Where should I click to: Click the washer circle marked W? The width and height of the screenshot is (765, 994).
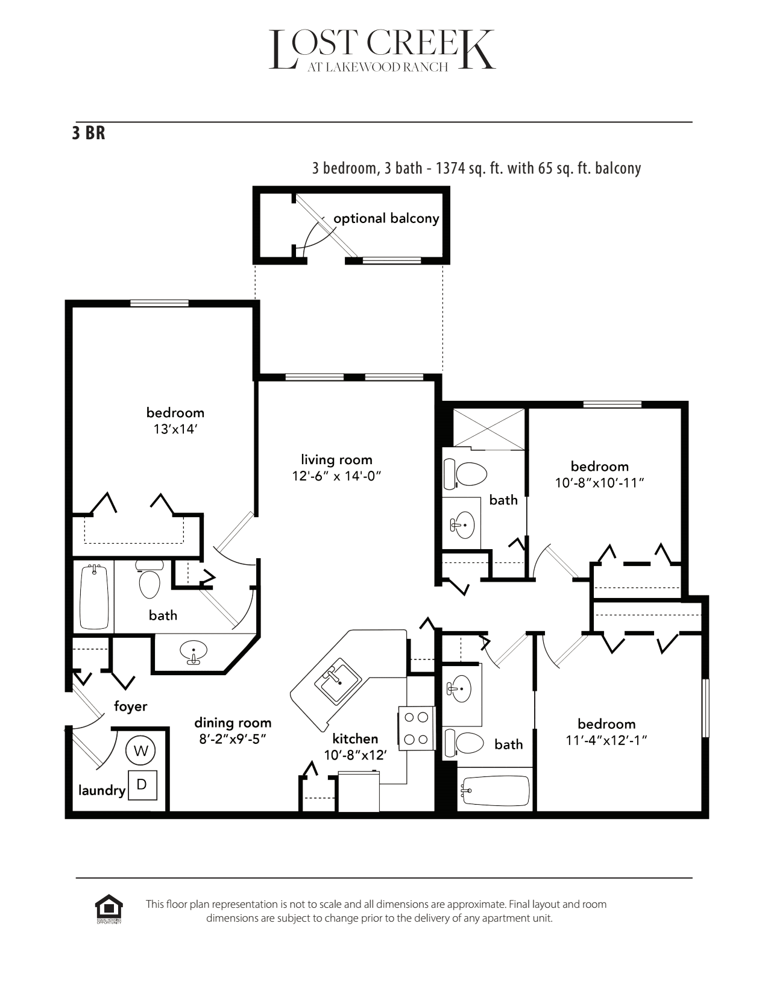(141, 750)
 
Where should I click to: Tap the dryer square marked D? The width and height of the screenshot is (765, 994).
(142, 785)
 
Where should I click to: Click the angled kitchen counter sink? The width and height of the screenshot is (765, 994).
(338, 680)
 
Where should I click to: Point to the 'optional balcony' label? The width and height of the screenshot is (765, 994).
(386, 218)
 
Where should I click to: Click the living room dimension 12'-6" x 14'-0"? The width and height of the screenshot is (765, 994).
(337, 476)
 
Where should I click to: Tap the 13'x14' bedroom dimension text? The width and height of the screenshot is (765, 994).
(175, 429)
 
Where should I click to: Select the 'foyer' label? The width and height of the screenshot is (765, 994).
(130, 706)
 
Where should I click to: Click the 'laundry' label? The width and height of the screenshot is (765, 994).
(101, 790)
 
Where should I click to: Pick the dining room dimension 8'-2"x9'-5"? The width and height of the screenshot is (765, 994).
(233, 739)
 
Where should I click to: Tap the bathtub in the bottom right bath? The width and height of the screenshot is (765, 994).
(495, 790)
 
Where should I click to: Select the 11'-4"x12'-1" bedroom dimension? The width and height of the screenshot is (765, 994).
(606, 740)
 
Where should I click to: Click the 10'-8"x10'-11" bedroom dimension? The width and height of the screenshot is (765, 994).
(600, 483)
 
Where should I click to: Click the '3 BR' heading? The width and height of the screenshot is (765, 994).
(89, 133)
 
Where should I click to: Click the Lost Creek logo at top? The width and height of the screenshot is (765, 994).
(382, 51)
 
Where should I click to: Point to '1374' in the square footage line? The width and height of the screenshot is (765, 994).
(451, 168)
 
